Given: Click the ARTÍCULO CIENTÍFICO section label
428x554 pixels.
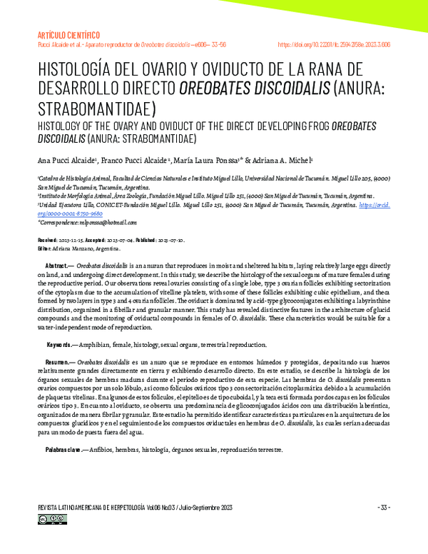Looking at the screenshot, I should click(x=68, y=34).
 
